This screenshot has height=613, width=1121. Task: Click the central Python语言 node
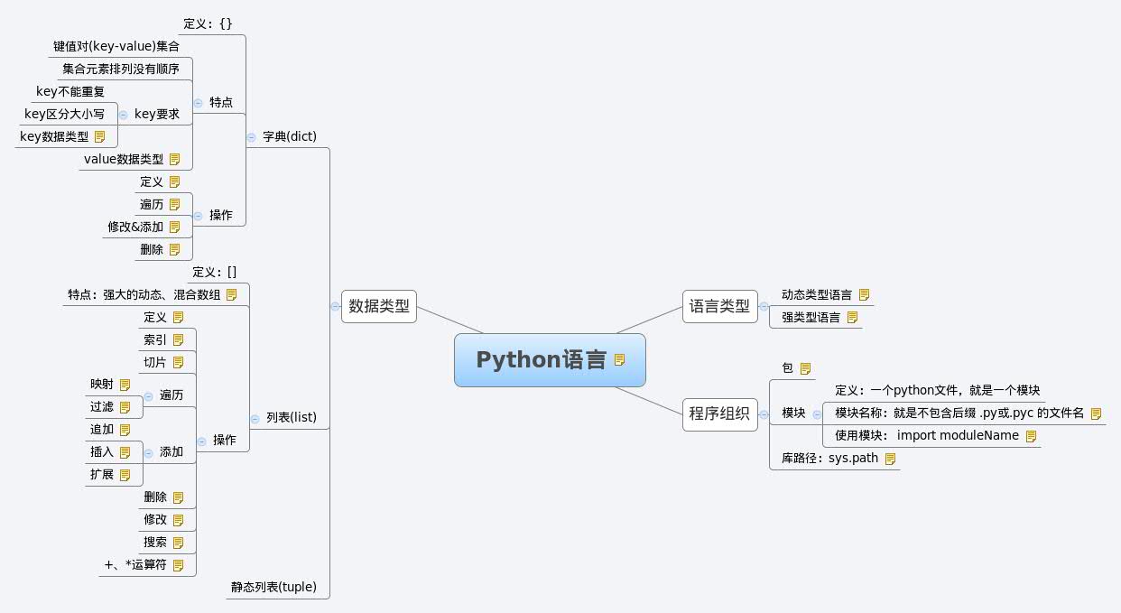coord(550,360)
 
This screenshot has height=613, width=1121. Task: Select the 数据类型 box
coord(379,306)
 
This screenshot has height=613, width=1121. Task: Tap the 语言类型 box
coord(719,306)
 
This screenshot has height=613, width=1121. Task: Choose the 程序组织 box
coord(719,414)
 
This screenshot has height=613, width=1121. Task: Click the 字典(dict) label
coord(289,136)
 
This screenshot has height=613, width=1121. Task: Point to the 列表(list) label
coord(292,417)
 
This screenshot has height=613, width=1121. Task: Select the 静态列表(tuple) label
coord(273,587)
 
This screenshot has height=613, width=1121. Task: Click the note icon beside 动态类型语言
coord(865,294)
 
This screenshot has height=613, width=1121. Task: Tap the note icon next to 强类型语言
coord(852,317)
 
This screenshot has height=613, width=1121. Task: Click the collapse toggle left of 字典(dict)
coord(251,137)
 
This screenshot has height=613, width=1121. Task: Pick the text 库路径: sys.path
coord(829,458)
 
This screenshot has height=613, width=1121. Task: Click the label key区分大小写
coord(64,114)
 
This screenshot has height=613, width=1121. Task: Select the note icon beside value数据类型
coord(175,159)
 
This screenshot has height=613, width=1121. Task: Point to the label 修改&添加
coord(135,228)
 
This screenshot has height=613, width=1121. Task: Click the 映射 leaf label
coord(102,385)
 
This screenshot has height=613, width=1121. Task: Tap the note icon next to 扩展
coord(125,475)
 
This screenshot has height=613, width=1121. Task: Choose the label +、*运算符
coord(135,565)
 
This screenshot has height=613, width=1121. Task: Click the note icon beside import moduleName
coord(1031,436)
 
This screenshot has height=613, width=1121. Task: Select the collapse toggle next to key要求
coord(123,115)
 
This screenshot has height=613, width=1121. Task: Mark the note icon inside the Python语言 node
coord(619,360)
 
